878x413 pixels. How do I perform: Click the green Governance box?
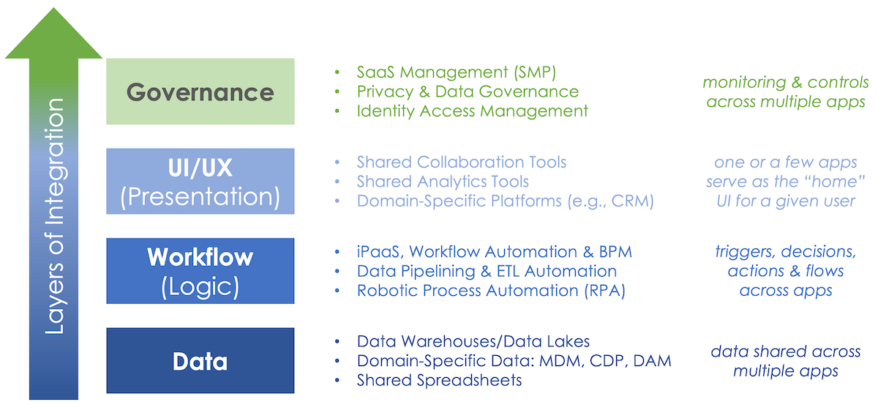point(200,92)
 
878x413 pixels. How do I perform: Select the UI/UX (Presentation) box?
point(200,182)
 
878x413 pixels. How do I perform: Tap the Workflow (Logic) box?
point(200,271)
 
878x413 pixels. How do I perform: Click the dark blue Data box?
point(200,361)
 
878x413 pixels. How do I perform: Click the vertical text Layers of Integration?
point(54,217)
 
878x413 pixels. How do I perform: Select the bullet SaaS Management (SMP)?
point(456,72)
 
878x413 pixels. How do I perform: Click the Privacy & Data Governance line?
point(468,92)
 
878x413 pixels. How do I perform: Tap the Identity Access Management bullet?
point(472,111)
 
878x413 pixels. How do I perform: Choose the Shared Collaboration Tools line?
point(461,162)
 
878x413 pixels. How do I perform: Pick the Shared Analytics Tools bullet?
point(443,182)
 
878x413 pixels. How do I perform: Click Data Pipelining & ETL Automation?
point(487,271)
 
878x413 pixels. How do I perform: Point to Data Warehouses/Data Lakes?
point(473,341)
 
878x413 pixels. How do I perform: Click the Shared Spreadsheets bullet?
point(439,380)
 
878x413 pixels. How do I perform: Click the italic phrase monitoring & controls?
point(785,83)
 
